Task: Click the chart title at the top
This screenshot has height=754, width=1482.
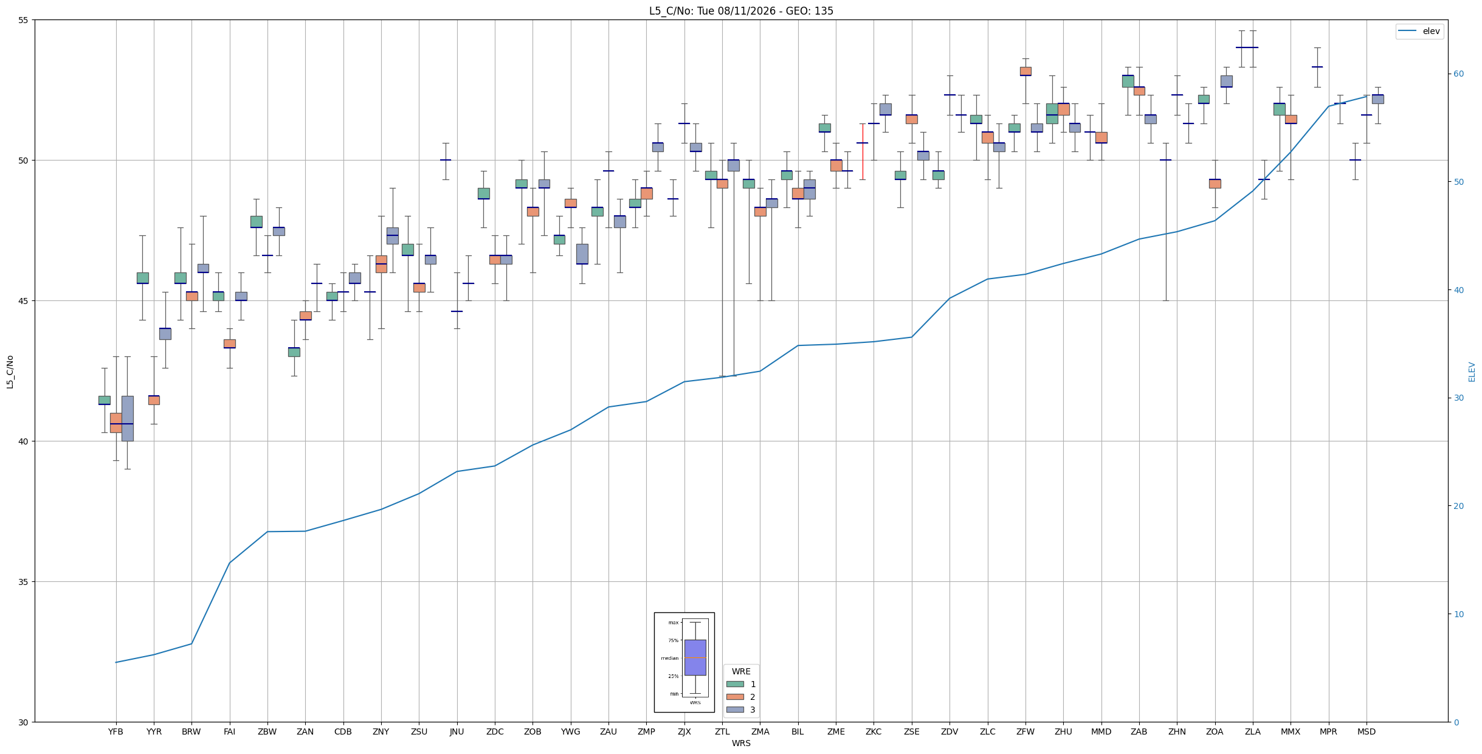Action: click(741, 11)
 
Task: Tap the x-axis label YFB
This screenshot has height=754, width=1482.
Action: click(115, 732)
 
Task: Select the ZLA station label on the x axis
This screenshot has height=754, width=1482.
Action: click(1252, 732)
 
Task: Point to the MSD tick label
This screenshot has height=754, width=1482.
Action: click(1367, 732)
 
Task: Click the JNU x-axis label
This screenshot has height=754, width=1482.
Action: click(457, 732)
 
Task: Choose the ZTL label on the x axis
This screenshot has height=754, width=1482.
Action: click(722, 732)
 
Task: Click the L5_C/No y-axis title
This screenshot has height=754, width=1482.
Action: click(10, 372)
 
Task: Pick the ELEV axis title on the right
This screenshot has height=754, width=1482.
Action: click(1472, 372)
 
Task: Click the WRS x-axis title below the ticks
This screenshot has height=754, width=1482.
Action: click(741, 743)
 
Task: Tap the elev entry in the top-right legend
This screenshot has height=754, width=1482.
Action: click(1419, 31)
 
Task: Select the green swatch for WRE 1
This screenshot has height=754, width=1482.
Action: click(735, 684)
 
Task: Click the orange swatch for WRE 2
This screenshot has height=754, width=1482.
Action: click(735, 697)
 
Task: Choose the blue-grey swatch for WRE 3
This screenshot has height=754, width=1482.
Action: click(735, 710)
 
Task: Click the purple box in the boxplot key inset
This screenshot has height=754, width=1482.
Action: click(695, 657)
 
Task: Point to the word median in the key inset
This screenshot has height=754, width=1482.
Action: click(669, 658)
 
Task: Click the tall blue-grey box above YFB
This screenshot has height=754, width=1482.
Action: click(127, 418)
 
